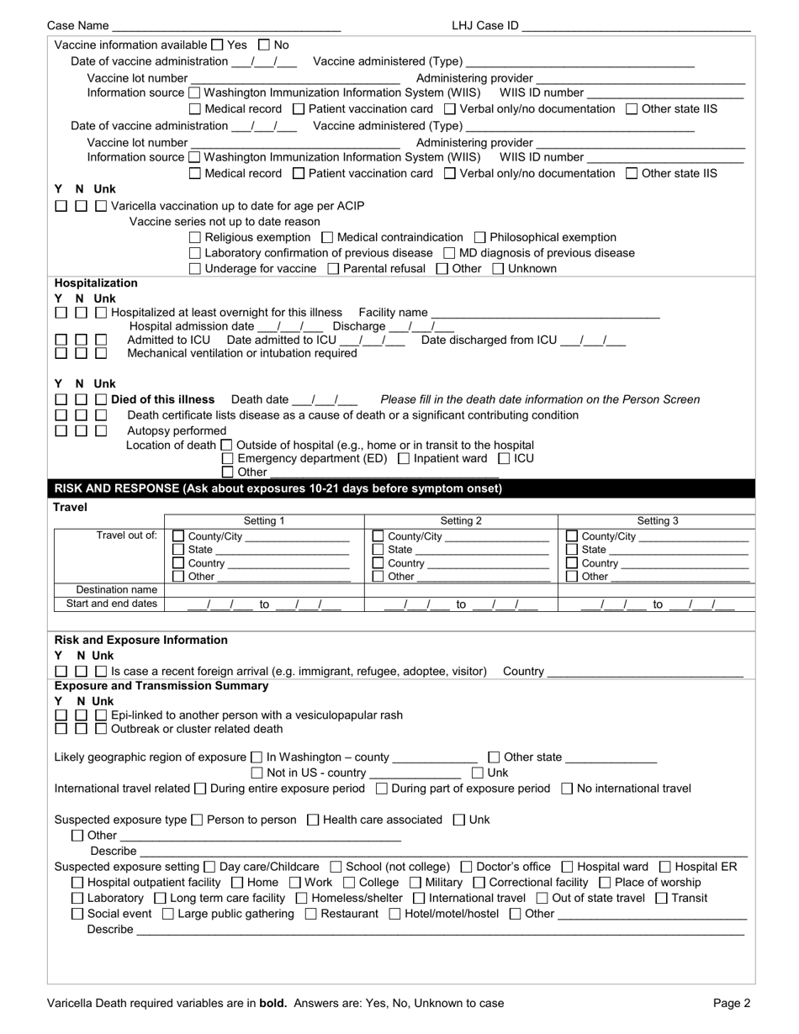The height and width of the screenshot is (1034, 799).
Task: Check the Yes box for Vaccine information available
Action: [x=217, y=45]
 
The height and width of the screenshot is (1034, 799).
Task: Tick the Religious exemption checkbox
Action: [x=195, y=238]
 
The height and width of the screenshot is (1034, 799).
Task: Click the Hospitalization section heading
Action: [x=96, y=283]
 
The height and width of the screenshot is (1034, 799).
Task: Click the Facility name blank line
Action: [x=544, y=313]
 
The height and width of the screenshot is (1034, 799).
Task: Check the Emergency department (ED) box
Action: [x=227, y=459]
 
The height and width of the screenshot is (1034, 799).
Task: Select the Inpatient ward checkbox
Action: [x=404, y=459]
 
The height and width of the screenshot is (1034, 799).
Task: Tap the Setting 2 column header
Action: [x=461, y=521]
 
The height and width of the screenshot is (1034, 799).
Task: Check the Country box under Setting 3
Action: [x=572, y=563]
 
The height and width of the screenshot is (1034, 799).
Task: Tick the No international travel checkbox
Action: [x=566, y=789]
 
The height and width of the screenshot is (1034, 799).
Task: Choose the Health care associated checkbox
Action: [x=313, y=820]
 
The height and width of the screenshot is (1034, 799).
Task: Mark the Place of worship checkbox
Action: [x=605, y=883]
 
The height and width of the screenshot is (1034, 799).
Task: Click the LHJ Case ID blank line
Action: [x=636, y=27]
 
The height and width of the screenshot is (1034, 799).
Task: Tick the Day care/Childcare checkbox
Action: [x=209, y=867]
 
